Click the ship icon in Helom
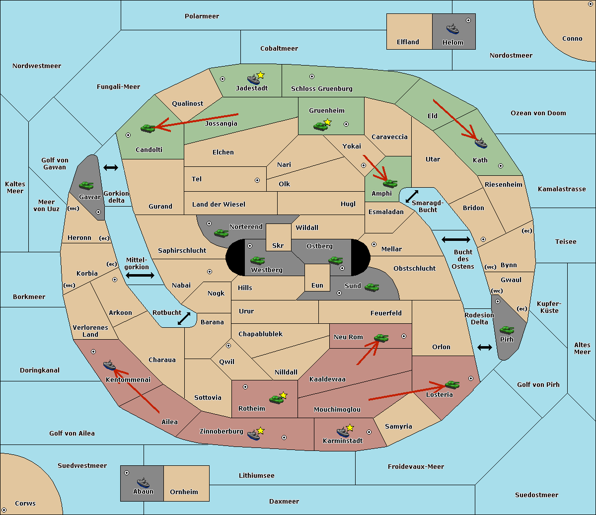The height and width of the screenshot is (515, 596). [452, 29]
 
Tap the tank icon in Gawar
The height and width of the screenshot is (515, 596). [86, 185]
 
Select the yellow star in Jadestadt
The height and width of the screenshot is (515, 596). [261, 75]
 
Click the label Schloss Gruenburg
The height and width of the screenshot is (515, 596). [321, 88]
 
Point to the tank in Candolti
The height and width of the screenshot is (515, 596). [148, 128]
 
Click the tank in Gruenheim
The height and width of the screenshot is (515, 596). [321, 126]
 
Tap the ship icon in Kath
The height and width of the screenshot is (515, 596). [481, 143]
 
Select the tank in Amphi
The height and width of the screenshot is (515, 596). [390, 183]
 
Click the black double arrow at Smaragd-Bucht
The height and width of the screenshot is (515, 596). [412, 196]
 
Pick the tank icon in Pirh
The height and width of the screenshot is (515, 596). [507, 330]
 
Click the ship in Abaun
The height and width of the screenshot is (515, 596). [144, 482]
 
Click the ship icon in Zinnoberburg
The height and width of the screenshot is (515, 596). [254, 435]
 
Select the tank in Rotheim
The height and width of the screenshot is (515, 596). [276, 399]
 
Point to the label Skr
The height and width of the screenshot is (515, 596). [278, 245]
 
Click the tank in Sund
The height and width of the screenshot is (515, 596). [372, 287]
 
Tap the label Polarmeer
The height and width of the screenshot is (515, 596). [202, 16]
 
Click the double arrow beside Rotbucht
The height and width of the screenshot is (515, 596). [184, 319]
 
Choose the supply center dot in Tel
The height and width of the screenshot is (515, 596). [257, 180]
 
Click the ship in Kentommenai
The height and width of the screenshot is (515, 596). [110, 365]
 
